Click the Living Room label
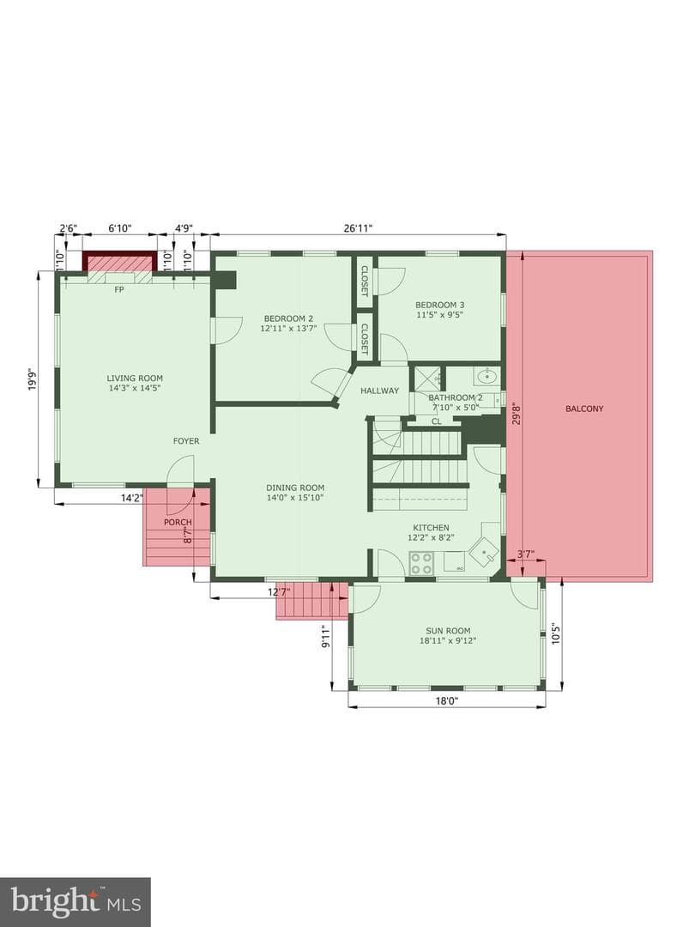(x=135, y=379)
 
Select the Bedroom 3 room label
(x=439, y=305)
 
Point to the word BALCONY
(x=584, y=409)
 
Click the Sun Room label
(x=448, y=631)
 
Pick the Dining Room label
(x=295, y=488)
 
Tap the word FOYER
(x=186, y=441)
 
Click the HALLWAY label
(x=379, y=391)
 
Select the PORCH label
(x=178, y=522)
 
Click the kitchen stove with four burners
(x=421, y=562)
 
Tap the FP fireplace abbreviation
(x=118, y=290)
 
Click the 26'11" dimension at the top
(x=357, y=227)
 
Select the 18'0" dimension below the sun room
(x=447, y=701)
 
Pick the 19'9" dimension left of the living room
(x=33, y=379)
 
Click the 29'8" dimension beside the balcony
(x=517, y=413)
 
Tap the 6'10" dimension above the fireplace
(x=119, y=227)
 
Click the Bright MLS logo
(x=76, y=901)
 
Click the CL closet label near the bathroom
(x=437, y=421)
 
